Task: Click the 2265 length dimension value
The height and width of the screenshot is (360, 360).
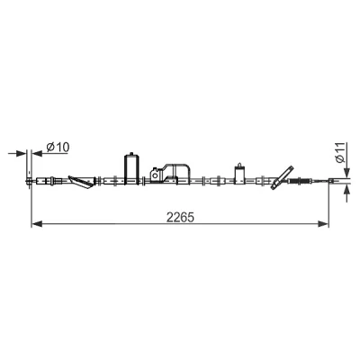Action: pos(180,218)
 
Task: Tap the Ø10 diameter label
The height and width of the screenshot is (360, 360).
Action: pos(58,147)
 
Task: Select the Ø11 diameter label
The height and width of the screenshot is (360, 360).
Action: pos(340,153)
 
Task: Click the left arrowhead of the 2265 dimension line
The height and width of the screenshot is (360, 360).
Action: pos(37,223)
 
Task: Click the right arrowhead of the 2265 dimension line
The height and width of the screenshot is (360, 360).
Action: pos(323,223)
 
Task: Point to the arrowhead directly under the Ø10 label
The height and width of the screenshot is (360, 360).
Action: pos(37,154)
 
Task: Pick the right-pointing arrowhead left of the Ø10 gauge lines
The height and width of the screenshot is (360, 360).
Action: pos(21,154)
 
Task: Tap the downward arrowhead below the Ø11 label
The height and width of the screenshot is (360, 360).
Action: pos(346,172)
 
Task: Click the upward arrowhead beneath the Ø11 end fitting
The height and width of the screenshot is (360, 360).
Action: pos(346,190)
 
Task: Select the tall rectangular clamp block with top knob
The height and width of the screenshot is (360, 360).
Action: pos(131,169)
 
